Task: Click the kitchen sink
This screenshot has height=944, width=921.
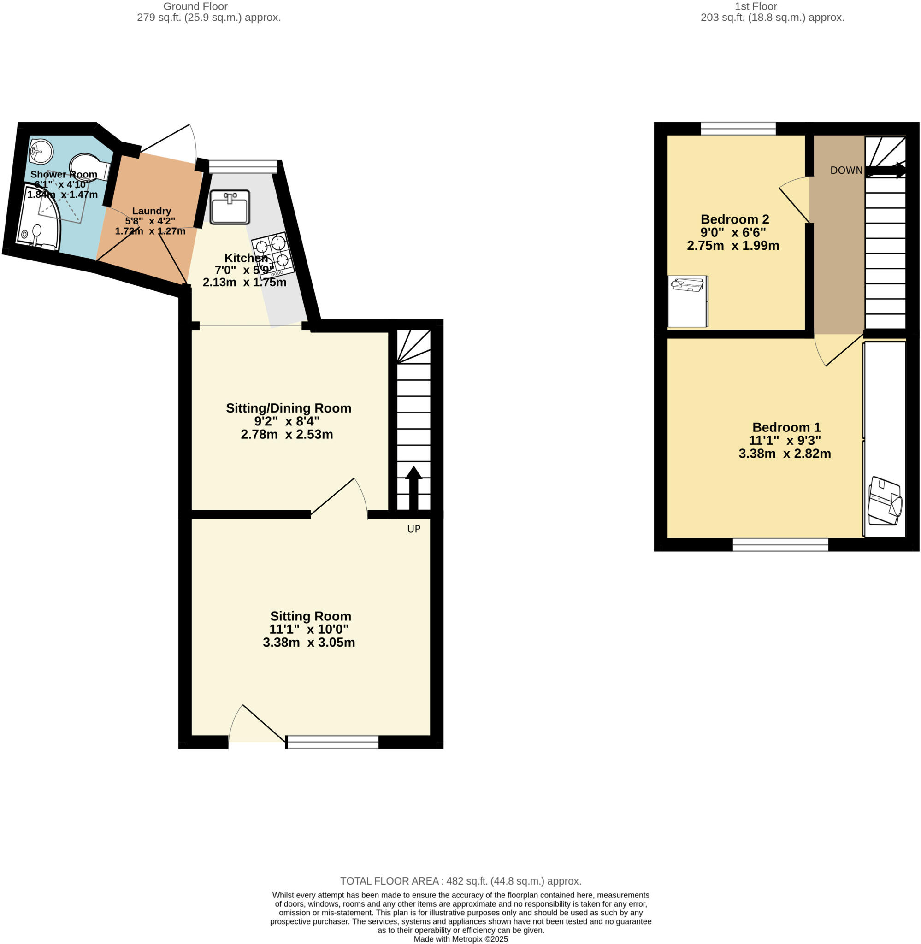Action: pyautogui.click(x=230, y=207)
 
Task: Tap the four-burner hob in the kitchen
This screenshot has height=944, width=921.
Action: pyautogui.click(x=272, y=254)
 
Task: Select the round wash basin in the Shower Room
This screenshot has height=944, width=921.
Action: pyautogui.click(x=41, y=151)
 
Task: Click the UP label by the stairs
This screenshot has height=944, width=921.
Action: pyautogui.click(x=413, y=529)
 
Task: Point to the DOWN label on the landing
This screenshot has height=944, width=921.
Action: pyautogui.click(x=846, y=170)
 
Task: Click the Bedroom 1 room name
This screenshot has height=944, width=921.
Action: pyautogui.click(x=786, y=427)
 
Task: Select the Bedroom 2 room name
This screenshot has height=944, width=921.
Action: pyautogui.click(x=734, y=219)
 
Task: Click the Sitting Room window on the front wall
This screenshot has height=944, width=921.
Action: pyautogui.click(x=332, y=742)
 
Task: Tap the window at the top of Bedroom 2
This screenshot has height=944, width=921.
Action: pyautogui.click(x=738, y=129)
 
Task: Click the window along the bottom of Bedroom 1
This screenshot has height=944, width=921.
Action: pyautogui.click(x=780, y=544)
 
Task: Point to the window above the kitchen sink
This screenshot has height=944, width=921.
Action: pyautogui.click(x=243, y=166)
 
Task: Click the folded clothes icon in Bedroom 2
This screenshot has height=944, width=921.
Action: pyautogui.click(x=687, y=285)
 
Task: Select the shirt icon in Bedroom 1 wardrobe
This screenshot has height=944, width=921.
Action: pyautogui.click(x=885, y=501)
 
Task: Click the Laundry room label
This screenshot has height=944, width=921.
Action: pyautogui.click(x=151, y=211)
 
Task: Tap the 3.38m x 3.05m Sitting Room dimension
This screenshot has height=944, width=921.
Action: pyautogui.click(x=308, y=642)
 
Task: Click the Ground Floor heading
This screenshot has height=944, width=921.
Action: pyautogui.click(x=195, y=6)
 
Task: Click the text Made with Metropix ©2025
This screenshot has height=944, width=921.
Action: pyautogui.click(x=460, y=938)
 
